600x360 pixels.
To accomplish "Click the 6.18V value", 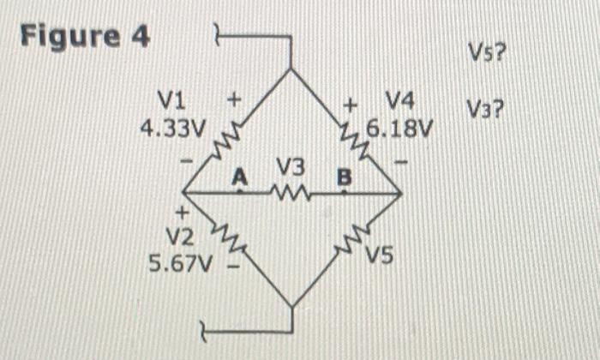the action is (x=400, y=130).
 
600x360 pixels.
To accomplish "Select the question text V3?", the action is (x=485, y=110).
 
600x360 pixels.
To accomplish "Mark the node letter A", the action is (x=241, y=177).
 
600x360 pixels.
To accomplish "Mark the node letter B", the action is (x=345, y=178).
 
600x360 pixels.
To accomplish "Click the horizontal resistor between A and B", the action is (x=291, y=192).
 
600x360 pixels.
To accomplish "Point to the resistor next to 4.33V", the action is (x=225, y=137).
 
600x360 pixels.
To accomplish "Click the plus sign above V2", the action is (x=182, y=211).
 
